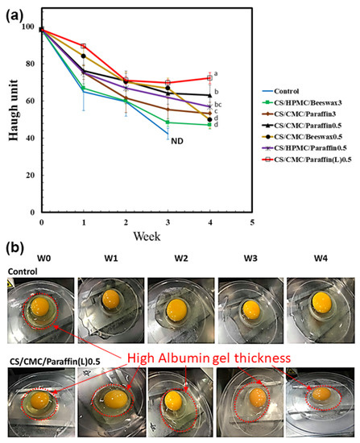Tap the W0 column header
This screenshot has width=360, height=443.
pyautogui.click(x=39, y=259)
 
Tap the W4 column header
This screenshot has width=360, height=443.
pyautogui.click(x=318, y=259)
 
